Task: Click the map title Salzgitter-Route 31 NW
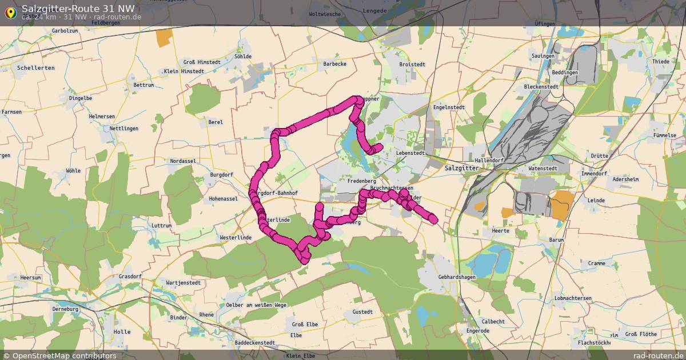coord(78,9)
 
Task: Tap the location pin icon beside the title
coord(10,13)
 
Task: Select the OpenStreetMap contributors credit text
coord(63,355)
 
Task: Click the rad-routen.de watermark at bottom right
coord(659,355)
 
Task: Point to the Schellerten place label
coord(35,67)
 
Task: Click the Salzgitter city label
coord(461,169)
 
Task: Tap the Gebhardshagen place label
coord(457,277)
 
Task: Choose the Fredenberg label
coord(361,181)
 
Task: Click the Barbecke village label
coord(334,64)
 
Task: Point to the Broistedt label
coord(412,65)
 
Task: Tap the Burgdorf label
coord(222,174)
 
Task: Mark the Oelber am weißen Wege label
coord(256,305)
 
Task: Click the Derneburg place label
coord(65,309)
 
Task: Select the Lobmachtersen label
coord(573,298)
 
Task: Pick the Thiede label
coord(660,62)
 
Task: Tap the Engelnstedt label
coord(449,107)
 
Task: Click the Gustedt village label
coord(362,312)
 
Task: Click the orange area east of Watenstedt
coord(563,205)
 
